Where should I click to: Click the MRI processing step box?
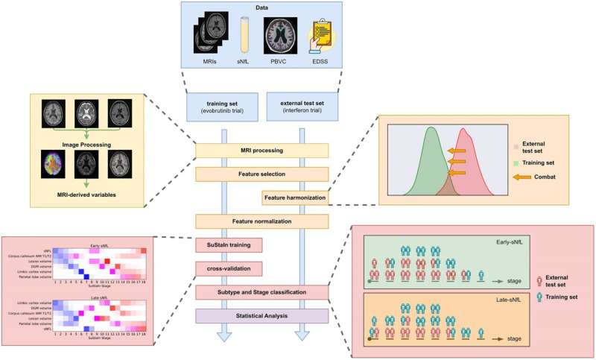point(262,151)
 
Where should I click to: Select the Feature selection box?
point(262,174)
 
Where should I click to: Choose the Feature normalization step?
point(262,221)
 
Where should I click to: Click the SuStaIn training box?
point(224,244)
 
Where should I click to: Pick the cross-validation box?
point(224,268)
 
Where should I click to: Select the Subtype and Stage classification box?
point(262,292)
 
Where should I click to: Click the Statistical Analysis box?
point(262,316)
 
